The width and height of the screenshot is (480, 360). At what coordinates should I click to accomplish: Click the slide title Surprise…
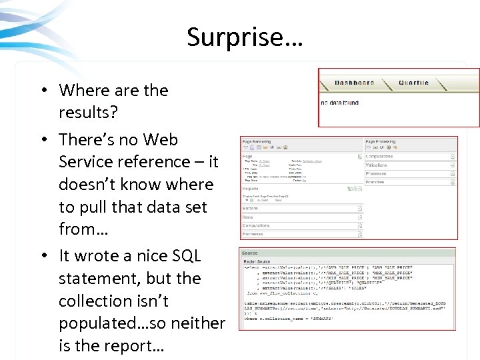pyautogui.click(x=245, y=37)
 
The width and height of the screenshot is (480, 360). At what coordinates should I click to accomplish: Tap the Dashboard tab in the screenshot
pyautogui.click(x=354, y=83)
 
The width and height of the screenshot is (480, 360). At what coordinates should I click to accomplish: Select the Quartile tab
pyautogui.click(x=413, y=83)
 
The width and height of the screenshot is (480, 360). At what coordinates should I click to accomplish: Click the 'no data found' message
pyautogui.click(x=339, y=103)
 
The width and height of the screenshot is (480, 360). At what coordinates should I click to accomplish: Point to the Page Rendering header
pyautogui.click(x=257, y=141)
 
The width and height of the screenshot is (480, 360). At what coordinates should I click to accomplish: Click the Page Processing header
pyautogui.click(x=381, y=141)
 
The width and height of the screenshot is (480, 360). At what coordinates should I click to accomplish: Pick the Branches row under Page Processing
pyautogui.click(x=375, y=181)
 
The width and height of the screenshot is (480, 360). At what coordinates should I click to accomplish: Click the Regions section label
pyautogui.click(x=250, y=189)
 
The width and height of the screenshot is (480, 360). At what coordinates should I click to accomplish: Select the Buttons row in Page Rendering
pyautogui.click(x=250, y=208)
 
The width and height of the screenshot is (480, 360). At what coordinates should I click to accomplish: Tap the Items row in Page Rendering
pyautogui.click(x=247, y=217)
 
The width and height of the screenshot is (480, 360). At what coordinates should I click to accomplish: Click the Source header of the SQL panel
pyautogui.click(x=250, y=253)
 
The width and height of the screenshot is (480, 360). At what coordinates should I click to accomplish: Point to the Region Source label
pyautogui.click(x=257, y=261)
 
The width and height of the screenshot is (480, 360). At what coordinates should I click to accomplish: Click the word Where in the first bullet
pyautogui.click(x=81, y=90)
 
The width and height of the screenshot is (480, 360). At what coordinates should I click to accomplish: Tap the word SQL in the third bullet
pyautogui.click(x=186, y=256)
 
